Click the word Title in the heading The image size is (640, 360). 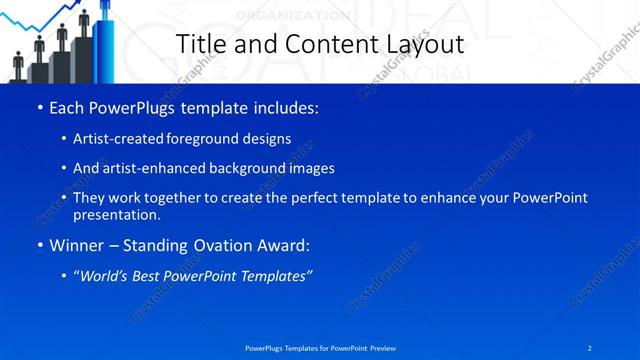[x=201, y=44]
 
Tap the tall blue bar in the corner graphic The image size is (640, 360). [x=103, y=45]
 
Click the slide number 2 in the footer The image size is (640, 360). [x=590, y=347]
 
